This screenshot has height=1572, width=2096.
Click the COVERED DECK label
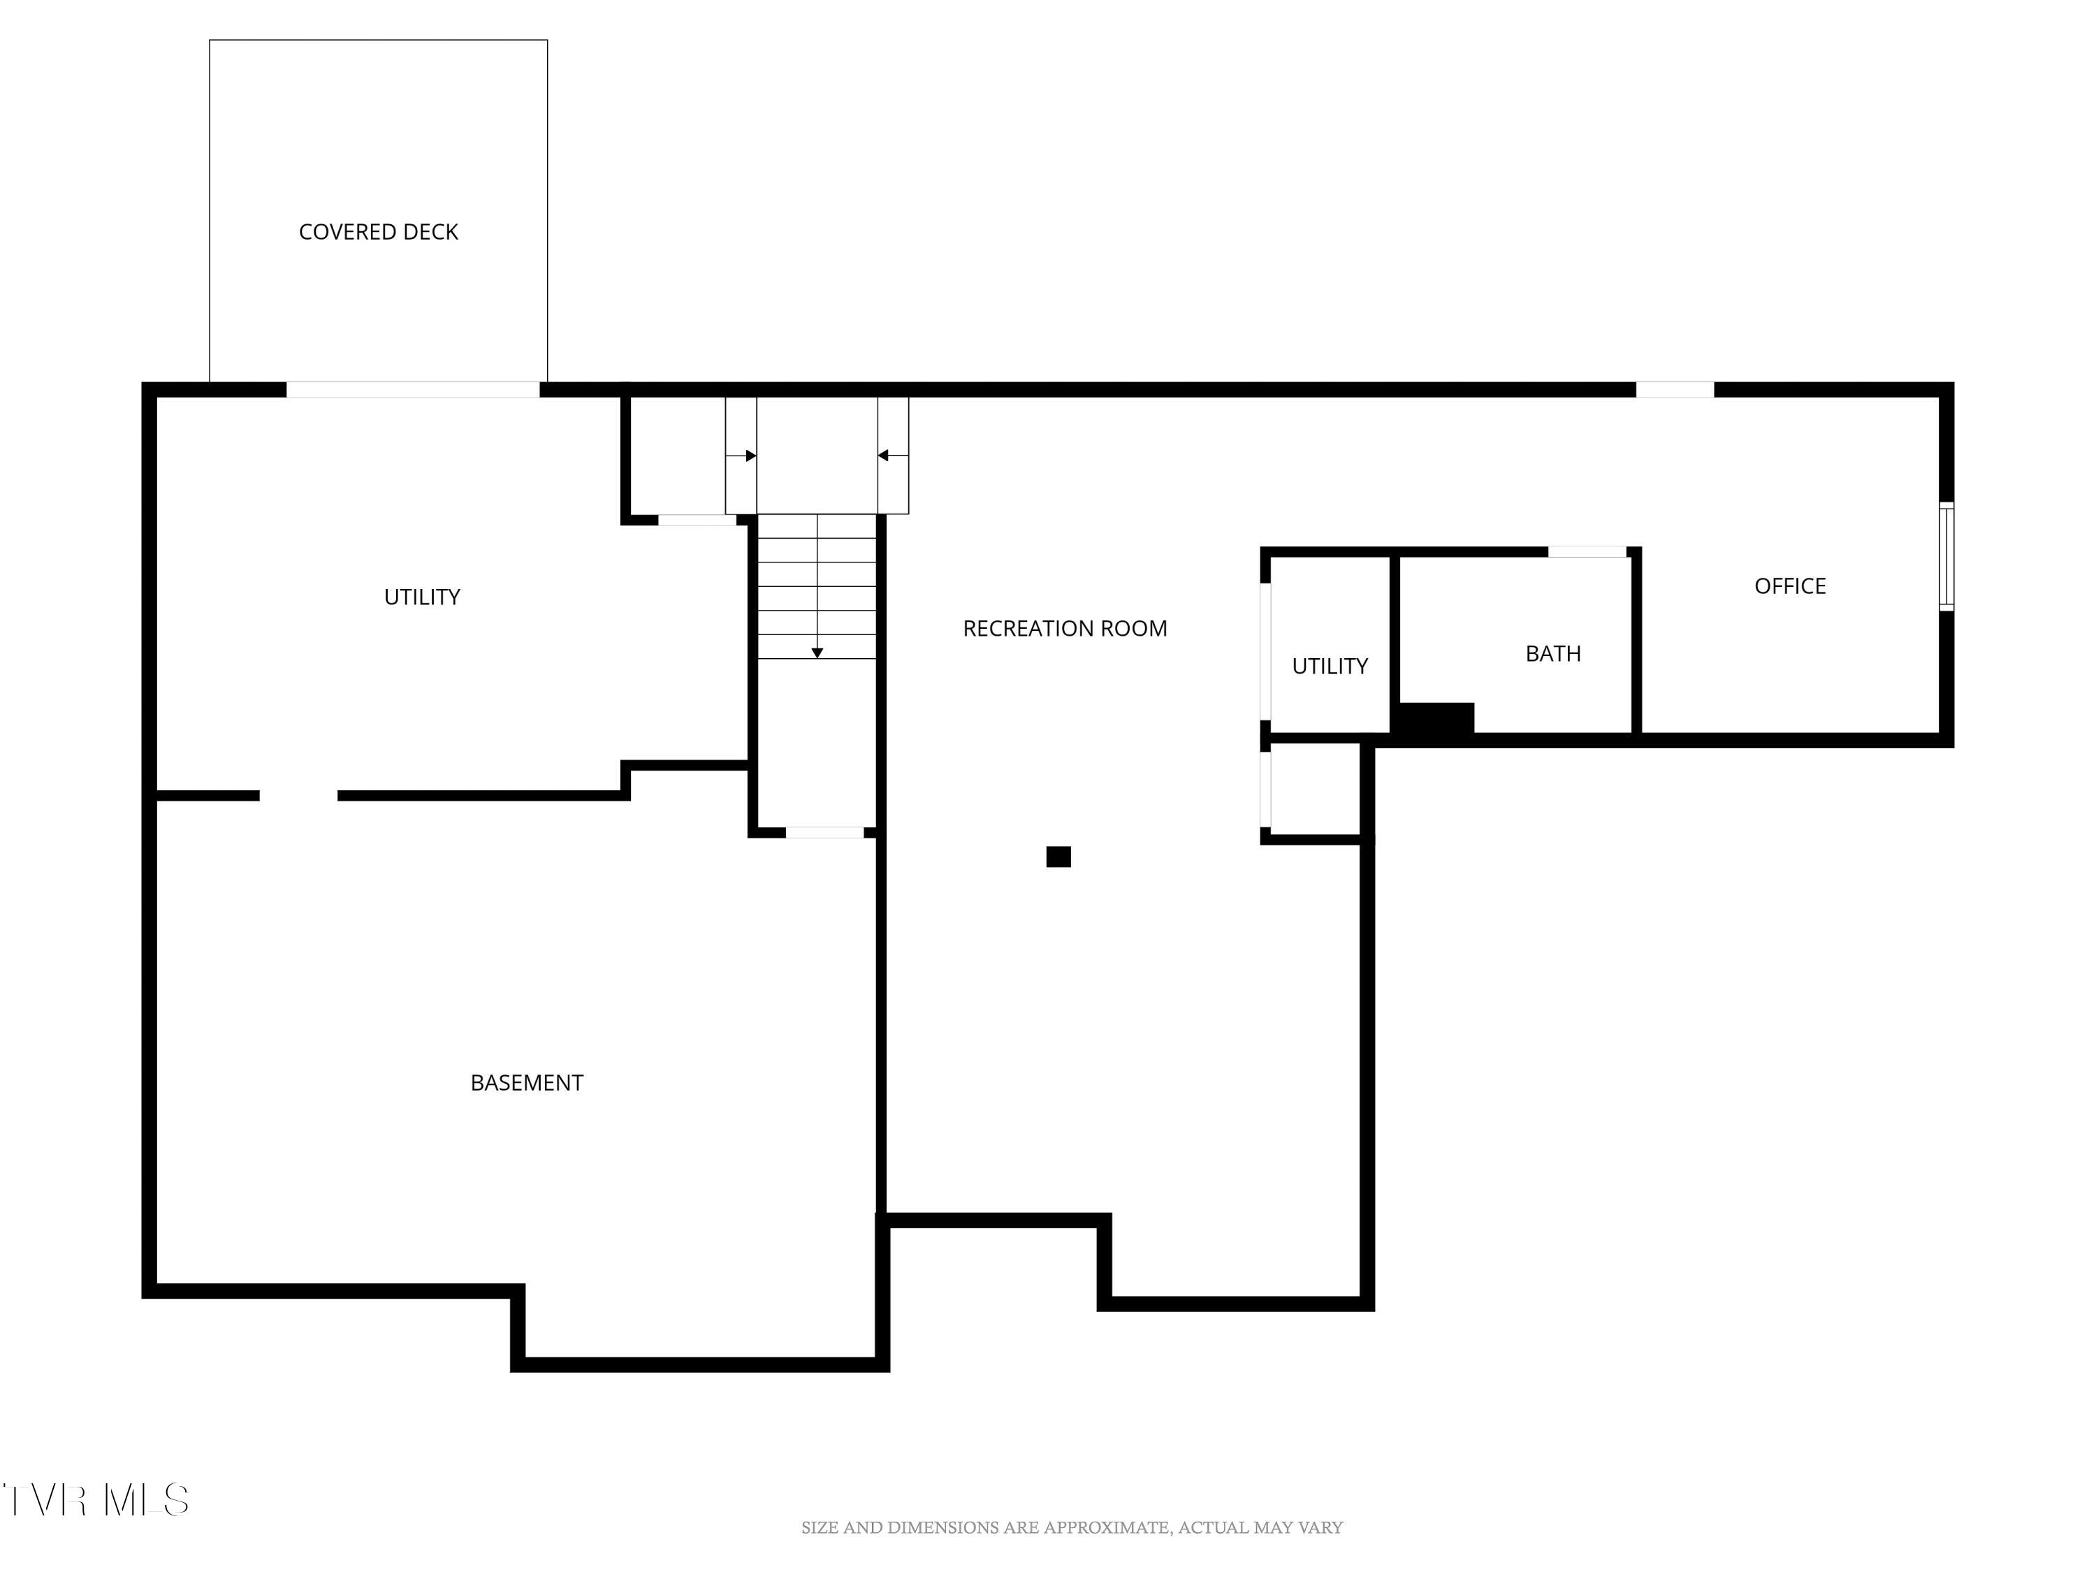click(378, 232)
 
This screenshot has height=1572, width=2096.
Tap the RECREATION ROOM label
click(1064, 628)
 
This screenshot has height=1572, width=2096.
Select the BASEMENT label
click(527, 1082)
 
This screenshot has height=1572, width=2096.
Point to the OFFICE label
click(1789, 585)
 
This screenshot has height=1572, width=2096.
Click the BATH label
click(1552, 653)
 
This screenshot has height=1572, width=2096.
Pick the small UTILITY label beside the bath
click(1330, 666)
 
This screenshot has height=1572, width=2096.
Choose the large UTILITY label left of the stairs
click(422, 597)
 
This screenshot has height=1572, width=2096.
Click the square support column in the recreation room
click(1058, 857)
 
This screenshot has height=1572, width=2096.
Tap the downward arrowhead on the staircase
click(817, 653)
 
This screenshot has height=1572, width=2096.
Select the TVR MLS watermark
click(96, 1500)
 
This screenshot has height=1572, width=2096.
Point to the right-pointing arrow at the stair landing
click(750, 456)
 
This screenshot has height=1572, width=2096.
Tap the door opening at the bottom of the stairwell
click(824, 833)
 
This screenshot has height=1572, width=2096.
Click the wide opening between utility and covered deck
click(413, 389)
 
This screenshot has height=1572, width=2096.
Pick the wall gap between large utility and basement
click(298, 796)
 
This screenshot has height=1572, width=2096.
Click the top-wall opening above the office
click(1674, 389)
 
